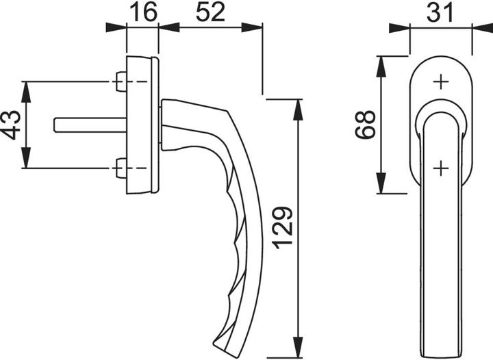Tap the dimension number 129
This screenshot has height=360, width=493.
point(283,228)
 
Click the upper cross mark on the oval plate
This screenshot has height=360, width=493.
point(440,82)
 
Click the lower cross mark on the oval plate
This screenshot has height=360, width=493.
point(440,166)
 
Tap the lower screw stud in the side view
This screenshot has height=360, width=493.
point(121,168)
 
